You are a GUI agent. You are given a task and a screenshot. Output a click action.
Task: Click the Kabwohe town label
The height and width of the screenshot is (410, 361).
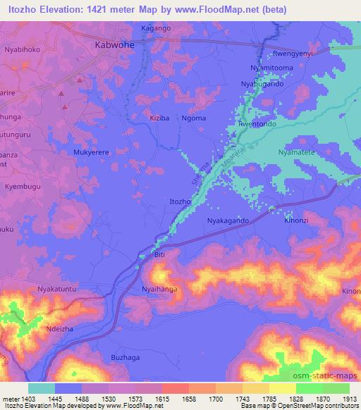pyautogui.click(x=114, y=44)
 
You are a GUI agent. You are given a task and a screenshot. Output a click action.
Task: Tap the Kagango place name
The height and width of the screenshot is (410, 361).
pyautogui.click(x=156, y=28)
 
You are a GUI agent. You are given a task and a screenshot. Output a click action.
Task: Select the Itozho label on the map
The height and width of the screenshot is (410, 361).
pyautogui.click(x=180, y=202)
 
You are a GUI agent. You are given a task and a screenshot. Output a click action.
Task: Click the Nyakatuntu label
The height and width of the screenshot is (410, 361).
pyautogui.click(x=56, y=289)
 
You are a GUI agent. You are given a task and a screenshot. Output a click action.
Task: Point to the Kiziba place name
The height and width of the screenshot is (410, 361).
pyautogui.click(x=159, y=118)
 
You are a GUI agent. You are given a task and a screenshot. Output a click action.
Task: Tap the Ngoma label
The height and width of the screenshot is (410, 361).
pyautogui.click(x=194, y=118)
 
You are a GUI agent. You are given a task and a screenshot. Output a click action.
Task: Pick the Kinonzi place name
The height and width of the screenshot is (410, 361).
pyautogui.click(x=296, y=220)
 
